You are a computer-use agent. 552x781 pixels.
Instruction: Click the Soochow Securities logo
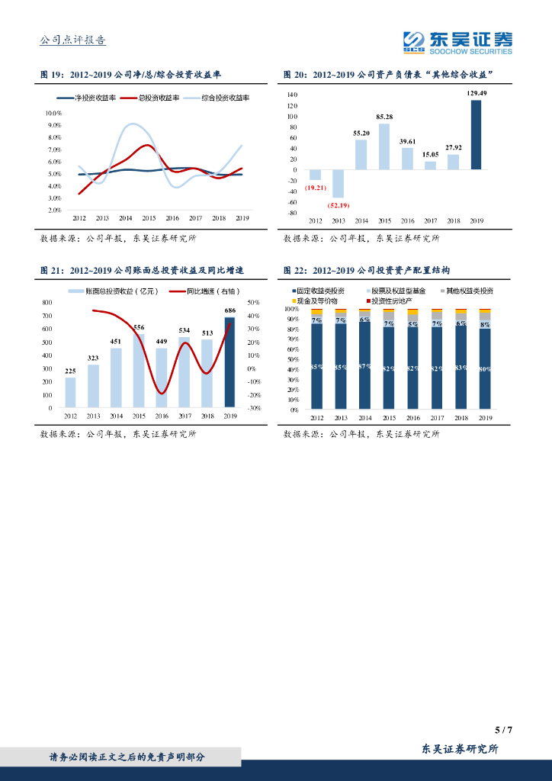457,42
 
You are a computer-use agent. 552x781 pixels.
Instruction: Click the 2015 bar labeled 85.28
384,146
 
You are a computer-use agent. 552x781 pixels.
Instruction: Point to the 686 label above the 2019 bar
230,310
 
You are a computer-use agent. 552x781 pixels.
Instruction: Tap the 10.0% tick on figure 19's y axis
54,113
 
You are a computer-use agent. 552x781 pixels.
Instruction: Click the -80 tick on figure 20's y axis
292,213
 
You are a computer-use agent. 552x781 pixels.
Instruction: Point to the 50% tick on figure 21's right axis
254,303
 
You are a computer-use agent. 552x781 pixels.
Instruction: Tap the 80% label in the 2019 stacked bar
485,368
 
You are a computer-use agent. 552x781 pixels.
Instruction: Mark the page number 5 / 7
503,730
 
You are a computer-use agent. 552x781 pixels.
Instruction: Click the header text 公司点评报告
72,40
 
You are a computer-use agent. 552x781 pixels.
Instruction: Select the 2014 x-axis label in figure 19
125,218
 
